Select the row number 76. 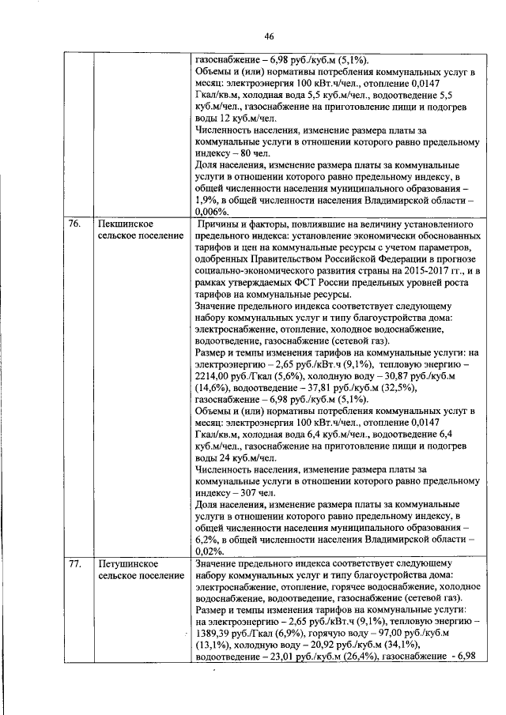click(x=74, y=224)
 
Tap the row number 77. click(x=74, y=565)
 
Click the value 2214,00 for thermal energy click(x=213, y=378)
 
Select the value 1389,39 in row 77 click(x=213, y=634)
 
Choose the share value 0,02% click(x=209, y=551)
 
